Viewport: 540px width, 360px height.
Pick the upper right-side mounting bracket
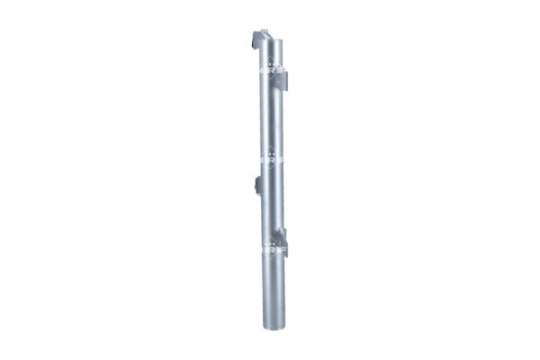[x=285, y=78]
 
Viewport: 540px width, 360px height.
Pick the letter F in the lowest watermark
[x=280, y=246]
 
